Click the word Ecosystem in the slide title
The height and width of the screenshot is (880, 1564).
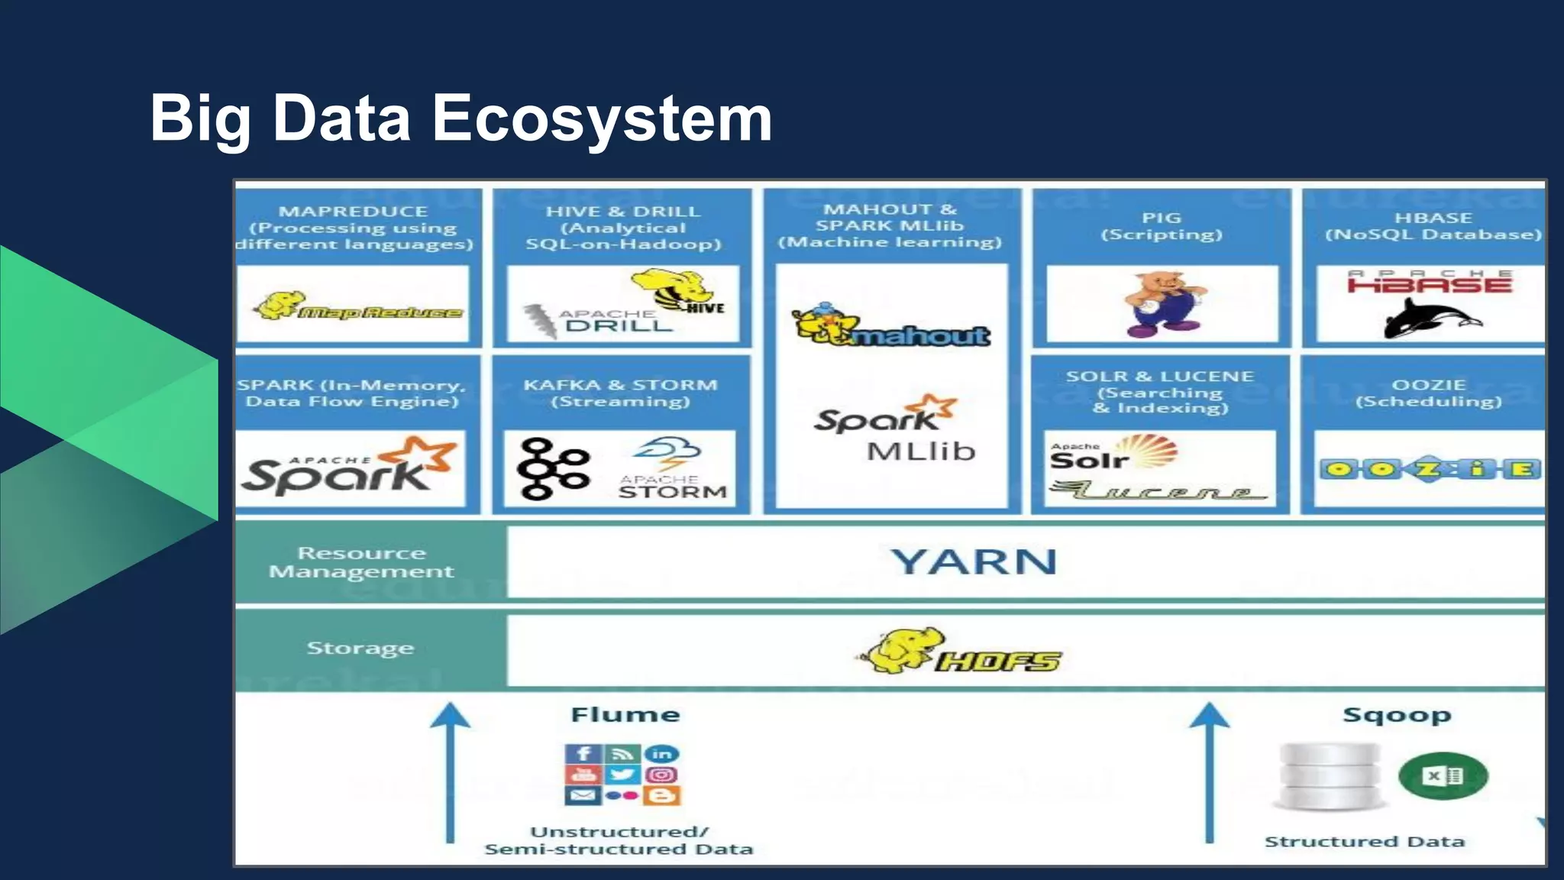(x=602, y=119)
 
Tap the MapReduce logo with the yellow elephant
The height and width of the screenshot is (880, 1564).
(x=357, y=307)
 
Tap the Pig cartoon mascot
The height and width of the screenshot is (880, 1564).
(x=1162, y=304)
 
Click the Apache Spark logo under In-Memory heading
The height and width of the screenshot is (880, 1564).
(x=351, y=467)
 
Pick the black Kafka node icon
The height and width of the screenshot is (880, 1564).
(x=552, y=468)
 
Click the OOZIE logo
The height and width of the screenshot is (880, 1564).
(x=1429, y=468)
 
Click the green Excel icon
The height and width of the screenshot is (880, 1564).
(x=1443, y=776)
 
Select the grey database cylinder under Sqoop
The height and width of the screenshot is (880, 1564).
(x=1330, y=776)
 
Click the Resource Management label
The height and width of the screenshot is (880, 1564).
(x=361, y=562)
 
